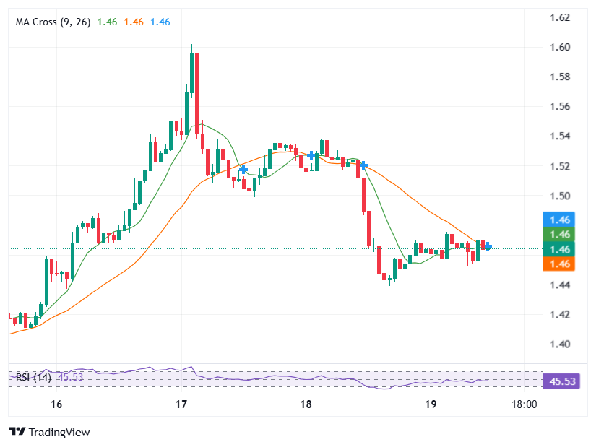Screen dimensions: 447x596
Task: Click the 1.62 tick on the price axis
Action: pos(561,17)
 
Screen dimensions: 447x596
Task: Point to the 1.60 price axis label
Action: pos(561,47)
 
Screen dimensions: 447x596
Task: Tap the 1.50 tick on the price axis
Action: pos(561,196)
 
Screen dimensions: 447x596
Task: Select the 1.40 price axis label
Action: pos(561,344)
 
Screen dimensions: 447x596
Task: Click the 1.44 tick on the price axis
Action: pos(561,285)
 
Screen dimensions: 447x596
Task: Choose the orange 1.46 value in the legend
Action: pos(134,22)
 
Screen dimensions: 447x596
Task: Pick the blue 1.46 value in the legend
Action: pos(160,22)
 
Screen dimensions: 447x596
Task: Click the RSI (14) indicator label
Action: pos(33,376)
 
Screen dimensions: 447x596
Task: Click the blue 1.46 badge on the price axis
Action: pos(561,220)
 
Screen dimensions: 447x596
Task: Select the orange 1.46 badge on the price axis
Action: pos(561,264)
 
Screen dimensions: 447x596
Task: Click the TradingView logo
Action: pos(49,432)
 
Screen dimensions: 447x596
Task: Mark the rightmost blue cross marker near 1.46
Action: pos(488,246)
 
